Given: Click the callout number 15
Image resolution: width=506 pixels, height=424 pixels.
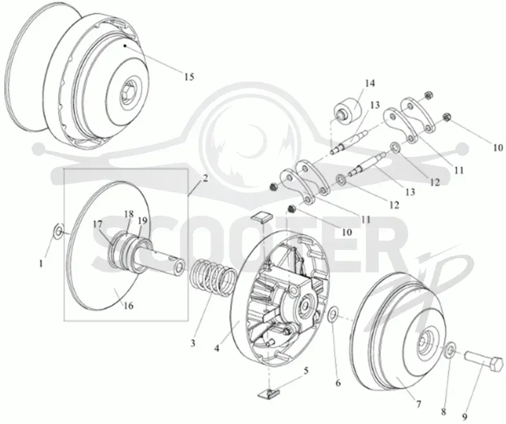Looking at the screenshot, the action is click(189, 77).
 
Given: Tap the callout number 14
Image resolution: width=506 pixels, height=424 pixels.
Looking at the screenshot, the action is click(370, 84).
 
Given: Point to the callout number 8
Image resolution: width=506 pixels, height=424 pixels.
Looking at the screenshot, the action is click(444, 412).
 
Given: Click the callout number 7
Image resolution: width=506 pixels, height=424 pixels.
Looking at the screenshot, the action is click(418, 404).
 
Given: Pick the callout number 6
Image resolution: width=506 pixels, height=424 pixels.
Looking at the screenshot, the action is click(338, 383).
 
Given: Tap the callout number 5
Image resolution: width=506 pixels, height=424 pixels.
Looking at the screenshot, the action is click(305, 370).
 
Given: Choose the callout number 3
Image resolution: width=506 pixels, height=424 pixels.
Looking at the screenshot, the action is click(193, 343).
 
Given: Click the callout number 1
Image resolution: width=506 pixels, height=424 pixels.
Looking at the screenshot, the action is click(41, 264).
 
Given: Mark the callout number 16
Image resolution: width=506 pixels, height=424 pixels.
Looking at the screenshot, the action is click(128, 305).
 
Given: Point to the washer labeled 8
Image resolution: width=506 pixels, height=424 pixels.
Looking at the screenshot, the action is click(450, 350).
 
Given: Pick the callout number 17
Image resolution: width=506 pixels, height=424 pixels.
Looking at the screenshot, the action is click(98, 224).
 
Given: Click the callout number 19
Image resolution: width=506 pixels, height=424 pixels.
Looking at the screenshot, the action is click(143, 221).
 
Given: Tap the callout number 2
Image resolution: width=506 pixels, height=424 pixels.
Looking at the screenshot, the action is click(206, 178).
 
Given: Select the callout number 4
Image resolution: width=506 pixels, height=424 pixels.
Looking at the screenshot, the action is click(217, 349).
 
